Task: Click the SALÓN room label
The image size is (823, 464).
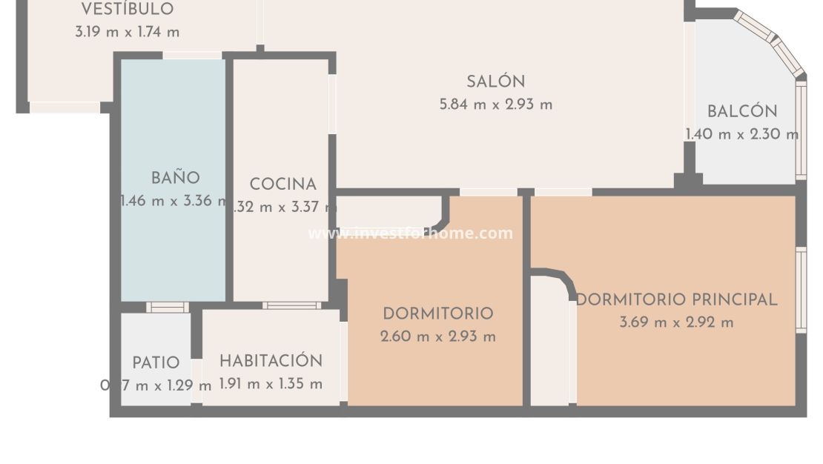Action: [x=495, y=82]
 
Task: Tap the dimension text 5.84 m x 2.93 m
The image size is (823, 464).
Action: [x=495, y=105]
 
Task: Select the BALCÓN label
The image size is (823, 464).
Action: [x=741, y=112]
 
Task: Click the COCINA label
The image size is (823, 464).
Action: [x=282, y=185]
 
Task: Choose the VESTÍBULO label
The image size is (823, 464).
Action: [x=127, y=10]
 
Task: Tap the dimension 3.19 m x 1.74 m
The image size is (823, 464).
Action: [x=127, y=33]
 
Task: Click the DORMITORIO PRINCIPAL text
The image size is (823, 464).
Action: [x=676, y=299]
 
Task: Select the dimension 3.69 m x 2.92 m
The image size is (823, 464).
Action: [x=676, y=322]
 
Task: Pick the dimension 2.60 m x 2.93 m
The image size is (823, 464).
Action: [x=437, y=337]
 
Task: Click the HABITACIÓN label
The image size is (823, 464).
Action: [x=271, y=361]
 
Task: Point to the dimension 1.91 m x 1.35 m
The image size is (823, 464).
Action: [x=271, y=384]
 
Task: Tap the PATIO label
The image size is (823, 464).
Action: [x=156, y=363]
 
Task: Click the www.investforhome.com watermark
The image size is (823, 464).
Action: [x=410, y=233]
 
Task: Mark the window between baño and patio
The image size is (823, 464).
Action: [x=167, y=307]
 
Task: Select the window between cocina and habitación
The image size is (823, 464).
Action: [x=291, y=305]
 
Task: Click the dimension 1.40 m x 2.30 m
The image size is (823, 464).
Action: [x=741, y=135]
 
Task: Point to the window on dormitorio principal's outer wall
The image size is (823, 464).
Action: [x=801, y=289]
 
